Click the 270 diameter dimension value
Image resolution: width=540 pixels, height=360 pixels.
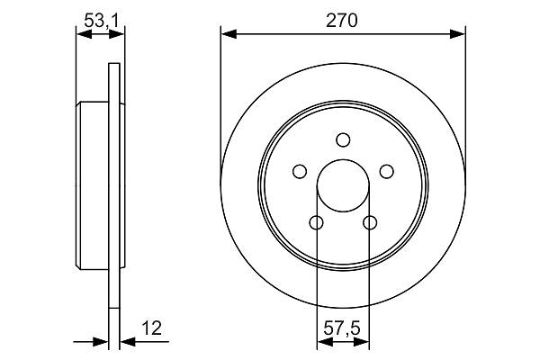click(342, 21)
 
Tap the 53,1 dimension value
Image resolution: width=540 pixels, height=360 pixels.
click(101, 21)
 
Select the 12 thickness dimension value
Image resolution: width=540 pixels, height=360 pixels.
click(151, 328)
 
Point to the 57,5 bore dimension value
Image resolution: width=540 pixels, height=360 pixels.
click(342, 328)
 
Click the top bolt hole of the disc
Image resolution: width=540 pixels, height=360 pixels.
click(343, 139)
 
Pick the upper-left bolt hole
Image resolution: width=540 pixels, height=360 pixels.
click(300, 171)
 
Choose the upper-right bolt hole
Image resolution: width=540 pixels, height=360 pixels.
click(386, 171)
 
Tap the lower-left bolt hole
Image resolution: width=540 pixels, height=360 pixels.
click(317, 222)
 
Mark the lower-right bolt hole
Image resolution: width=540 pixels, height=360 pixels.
click(370, 222)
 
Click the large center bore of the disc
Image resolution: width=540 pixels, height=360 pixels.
click(343, 185)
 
